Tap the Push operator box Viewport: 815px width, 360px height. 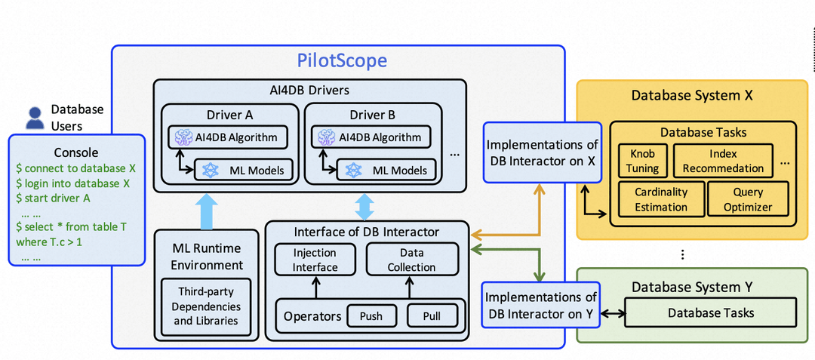click(371, 315)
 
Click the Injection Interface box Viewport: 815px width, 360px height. click(315, 260)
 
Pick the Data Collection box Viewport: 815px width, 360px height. click(411, 260)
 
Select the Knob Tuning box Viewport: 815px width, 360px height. click(642, 161)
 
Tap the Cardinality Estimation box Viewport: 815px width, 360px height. click(660, 199)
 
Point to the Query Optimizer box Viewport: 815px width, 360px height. click(748, 199)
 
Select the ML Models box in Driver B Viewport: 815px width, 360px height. click(389, 170)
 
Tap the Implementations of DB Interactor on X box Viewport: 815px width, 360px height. click(543, 152)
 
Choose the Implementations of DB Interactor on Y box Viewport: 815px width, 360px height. click(540, 305)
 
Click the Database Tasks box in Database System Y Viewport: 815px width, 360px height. click(710, 312)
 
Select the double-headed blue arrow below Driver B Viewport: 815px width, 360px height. click(364, 205)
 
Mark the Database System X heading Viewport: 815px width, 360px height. click(692, 96)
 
